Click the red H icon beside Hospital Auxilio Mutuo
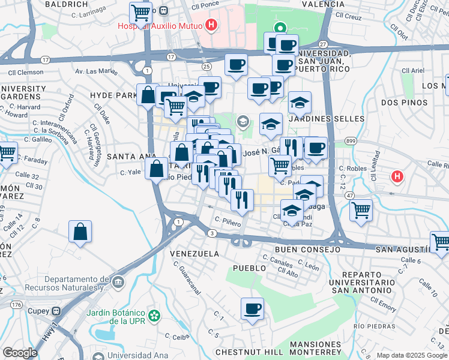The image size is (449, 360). pyautogui.click(x=211, y=25)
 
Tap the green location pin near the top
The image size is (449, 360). pyautogui.click(x=280, y=28)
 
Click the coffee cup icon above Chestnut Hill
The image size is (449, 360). pyautogui.click(x=252, y=309)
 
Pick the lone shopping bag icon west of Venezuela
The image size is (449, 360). pyautogui.click(x=80, y=232)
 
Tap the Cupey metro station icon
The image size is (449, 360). pyautogui.click(x=56, y=311)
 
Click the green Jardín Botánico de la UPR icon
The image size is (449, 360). pyautogui.click(x=155, y=314)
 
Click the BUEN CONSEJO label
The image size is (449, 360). pyautogui.click(x=307, y=249)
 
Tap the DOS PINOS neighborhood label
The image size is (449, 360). pyautogui.click(x=399, y=103)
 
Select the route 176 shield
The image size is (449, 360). pyautogui.click(x=16, y=305)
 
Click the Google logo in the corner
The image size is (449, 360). pyautogui.click(x=20, y=353)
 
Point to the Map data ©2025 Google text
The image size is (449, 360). pyautogui.click(x=412, y=355)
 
